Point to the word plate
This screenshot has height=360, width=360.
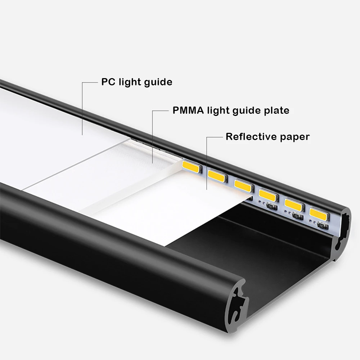coord(276,110)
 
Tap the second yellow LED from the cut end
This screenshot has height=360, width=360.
coord(293,203)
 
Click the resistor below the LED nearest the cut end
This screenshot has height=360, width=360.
coord(323,226)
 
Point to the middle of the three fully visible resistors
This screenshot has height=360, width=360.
coord(297,216)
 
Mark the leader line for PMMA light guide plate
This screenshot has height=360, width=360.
coord(153,137)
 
